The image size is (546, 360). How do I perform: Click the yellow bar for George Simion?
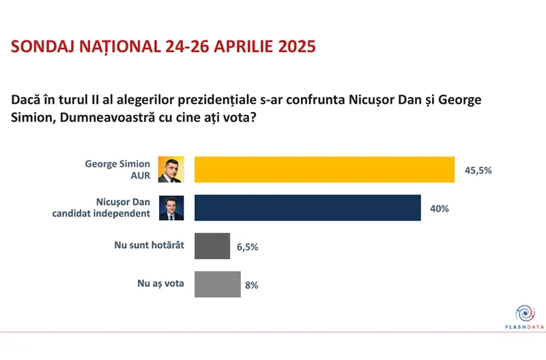pos(324,169)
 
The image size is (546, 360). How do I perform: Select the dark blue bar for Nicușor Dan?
pos(307,208)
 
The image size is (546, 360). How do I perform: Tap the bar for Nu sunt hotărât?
pos(212,246)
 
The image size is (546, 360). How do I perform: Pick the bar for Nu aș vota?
pos(218,284)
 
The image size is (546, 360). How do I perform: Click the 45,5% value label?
pos(478,170)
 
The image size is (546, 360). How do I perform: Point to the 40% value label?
pos(439,208)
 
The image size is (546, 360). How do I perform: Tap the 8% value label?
pos(251,285)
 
